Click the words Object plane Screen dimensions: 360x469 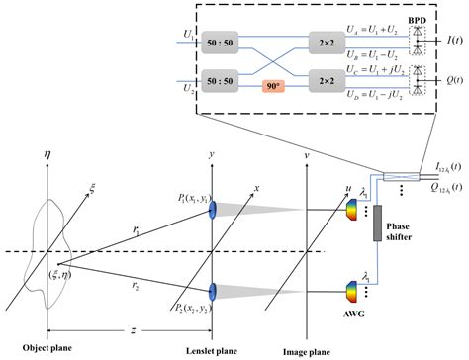tap(40, 350)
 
